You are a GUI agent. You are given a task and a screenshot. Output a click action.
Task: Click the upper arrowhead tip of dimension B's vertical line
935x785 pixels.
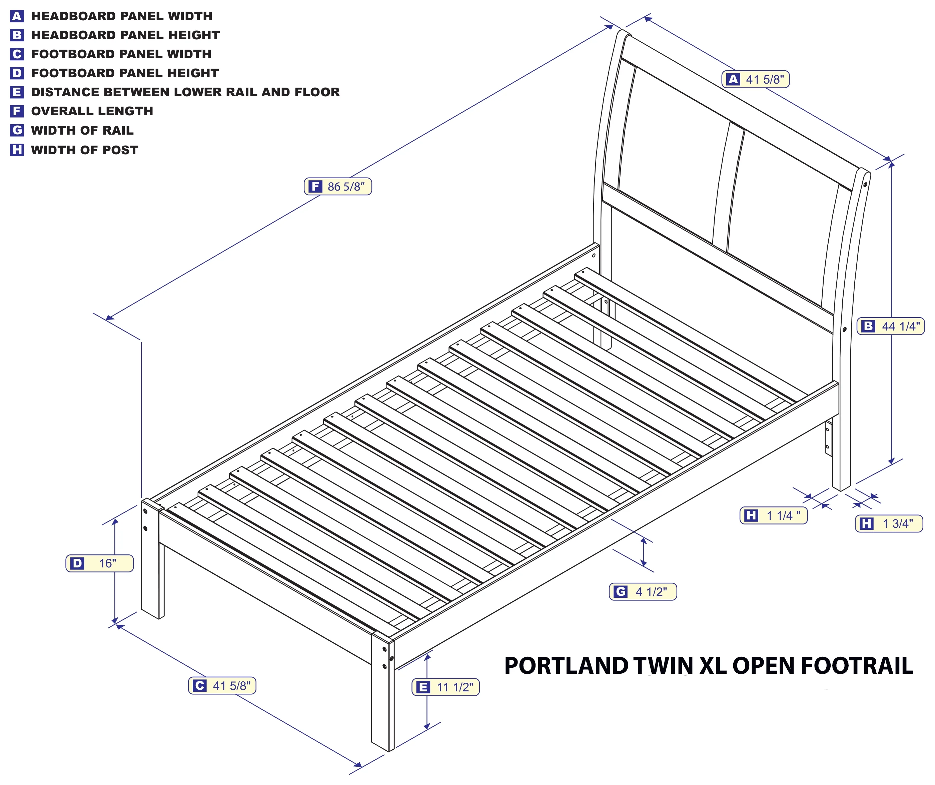[x=891, y=162]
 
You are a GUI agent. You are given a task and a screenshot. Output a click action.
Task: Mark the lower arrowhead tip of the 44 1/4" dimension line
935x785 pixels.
[x=891, y=464]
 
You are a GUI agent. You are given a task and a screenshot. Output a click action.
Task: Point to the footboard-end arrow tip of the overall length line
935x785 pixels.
[x=106, y=319]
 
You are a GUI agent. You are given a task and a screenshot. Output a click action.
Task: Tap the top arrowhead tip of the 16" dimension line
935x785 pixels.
[x=115, y=519]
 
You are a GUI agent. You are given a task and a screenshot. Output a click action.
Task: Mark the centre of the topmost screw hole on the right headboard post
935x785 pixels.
[x=865, y=184]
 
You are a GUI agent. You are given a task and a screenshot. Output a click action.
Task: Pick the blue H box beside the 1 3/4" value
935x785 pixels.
[x=866, y=523]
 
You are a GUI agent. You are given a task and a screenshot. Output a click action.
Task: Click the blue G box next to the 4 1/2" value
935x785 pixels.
[x=620, y=592]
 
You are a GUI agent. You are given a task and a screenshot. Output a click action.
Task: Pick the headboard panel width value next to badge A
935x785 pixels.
[x=765, y=80]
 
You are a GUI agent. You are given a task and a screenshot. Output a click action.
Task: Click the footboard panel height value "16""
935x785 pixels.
[x=107, y=563]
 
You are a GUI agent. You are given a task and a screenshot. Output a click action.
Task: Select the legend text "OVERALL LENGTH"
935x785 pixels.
[x=92, y=111]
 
